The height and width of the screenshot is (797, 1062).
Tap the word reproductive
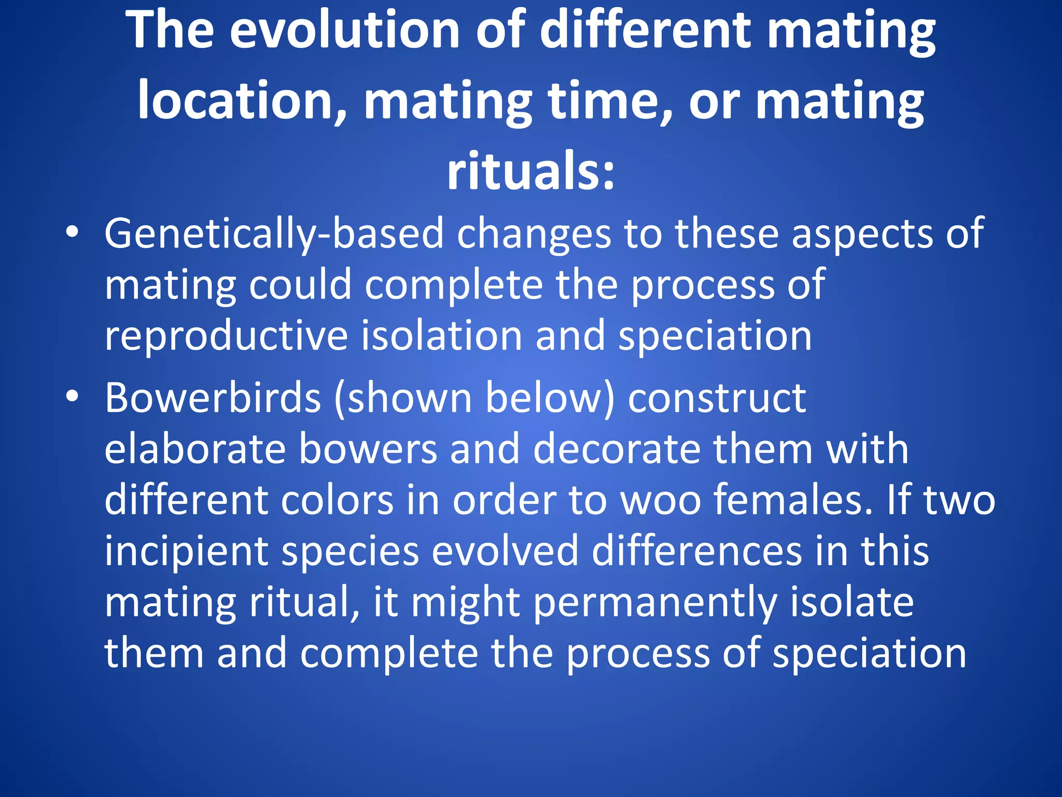tap(226, 336)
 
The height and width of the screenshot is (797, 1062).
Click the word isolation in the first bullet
tap(441, 336)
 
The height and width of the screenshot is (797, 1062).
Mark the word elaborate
tap(194, 449)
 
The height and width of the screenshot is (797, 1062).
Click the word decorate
tap(617, 449)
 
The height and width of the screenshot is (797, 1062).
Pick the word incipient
tap(186, 552)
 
